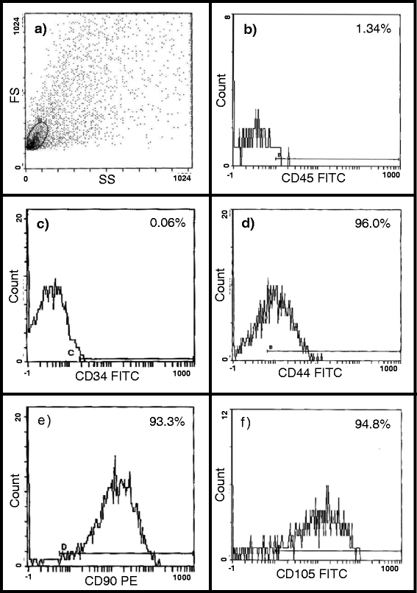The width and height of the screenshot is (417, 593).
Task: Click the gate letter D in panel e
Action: tap(64, 546)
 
